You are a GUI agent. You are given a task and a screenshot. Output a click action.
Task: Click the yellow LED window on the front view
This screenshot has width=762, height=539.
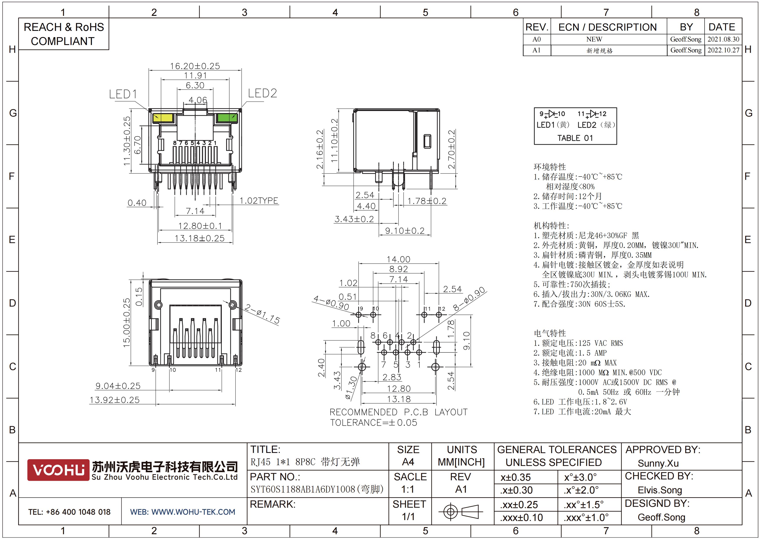point(163,118)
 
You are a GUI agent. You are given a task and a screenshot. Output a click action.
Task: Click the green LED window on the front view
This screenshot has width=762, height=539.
point(227,118)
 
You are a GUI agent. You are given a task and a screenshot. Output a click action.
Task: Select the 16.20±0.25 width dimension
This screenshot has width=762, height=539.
point(195,66)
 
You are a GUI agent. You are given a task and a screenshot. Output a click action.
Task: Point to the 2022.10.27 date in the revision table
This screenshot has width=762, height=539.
point(724,50)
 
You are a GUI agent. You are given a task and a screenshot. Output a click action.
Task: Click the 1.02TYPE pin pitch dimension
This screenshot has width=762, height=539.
point(259,201)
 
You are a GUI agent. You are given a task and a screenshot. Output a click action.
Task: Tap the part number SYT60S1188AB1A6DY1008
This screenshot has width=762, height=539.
point(303,489)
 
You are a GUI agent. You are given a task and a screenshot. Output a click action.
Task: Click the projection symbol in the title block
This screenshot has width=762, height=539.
point(460,511)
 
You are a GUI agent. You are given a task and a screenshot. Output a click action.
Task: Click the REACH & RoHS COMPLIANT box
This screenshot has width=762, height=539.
point(63,34)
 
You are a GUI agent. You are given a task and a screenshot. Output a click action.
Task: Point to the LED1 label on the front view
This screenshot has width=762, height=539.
point(123,94)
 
